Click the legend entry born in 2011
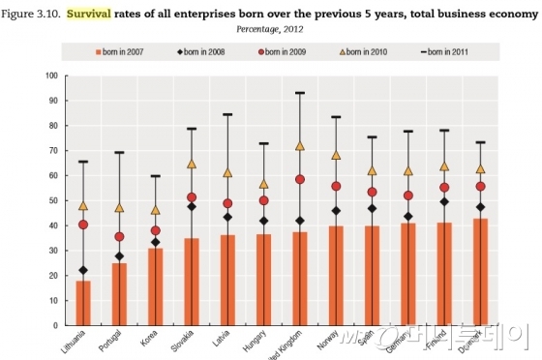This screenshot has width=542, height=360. (447, 50)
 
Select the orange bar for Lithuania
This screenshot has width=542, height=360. (83, 303)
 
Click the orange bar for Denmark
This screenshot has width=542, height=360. (480, 272)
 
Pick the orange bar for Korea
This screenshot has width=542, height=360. (156, 286)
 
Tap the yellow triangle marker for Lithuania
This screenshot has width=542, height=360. (83, 206)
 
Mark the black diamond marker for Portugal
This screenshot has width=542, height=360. (119, 256)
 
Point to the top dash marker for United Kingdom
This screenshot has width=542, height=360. (300, 93)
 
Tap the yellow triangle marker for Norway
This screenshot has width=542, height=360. (336, 155)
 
